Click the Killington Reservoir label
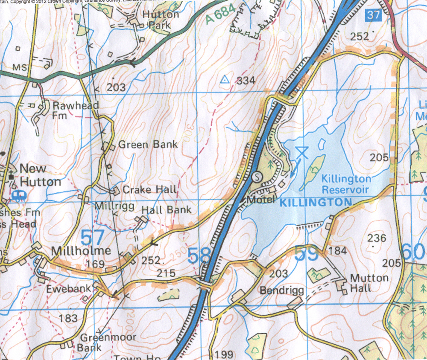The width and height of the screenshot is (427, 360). [346, 184]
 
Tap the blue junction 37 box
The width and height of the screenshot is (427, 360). [373, 15]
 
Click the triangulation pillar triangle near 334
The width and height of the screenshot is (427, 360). [224, 79]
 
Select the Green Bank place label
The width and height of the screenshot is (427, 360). [148, 145]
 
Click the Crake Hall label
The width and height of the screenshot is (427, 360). [149, 189]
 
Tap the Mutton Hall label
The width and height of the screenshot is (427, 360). [369, 283]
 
